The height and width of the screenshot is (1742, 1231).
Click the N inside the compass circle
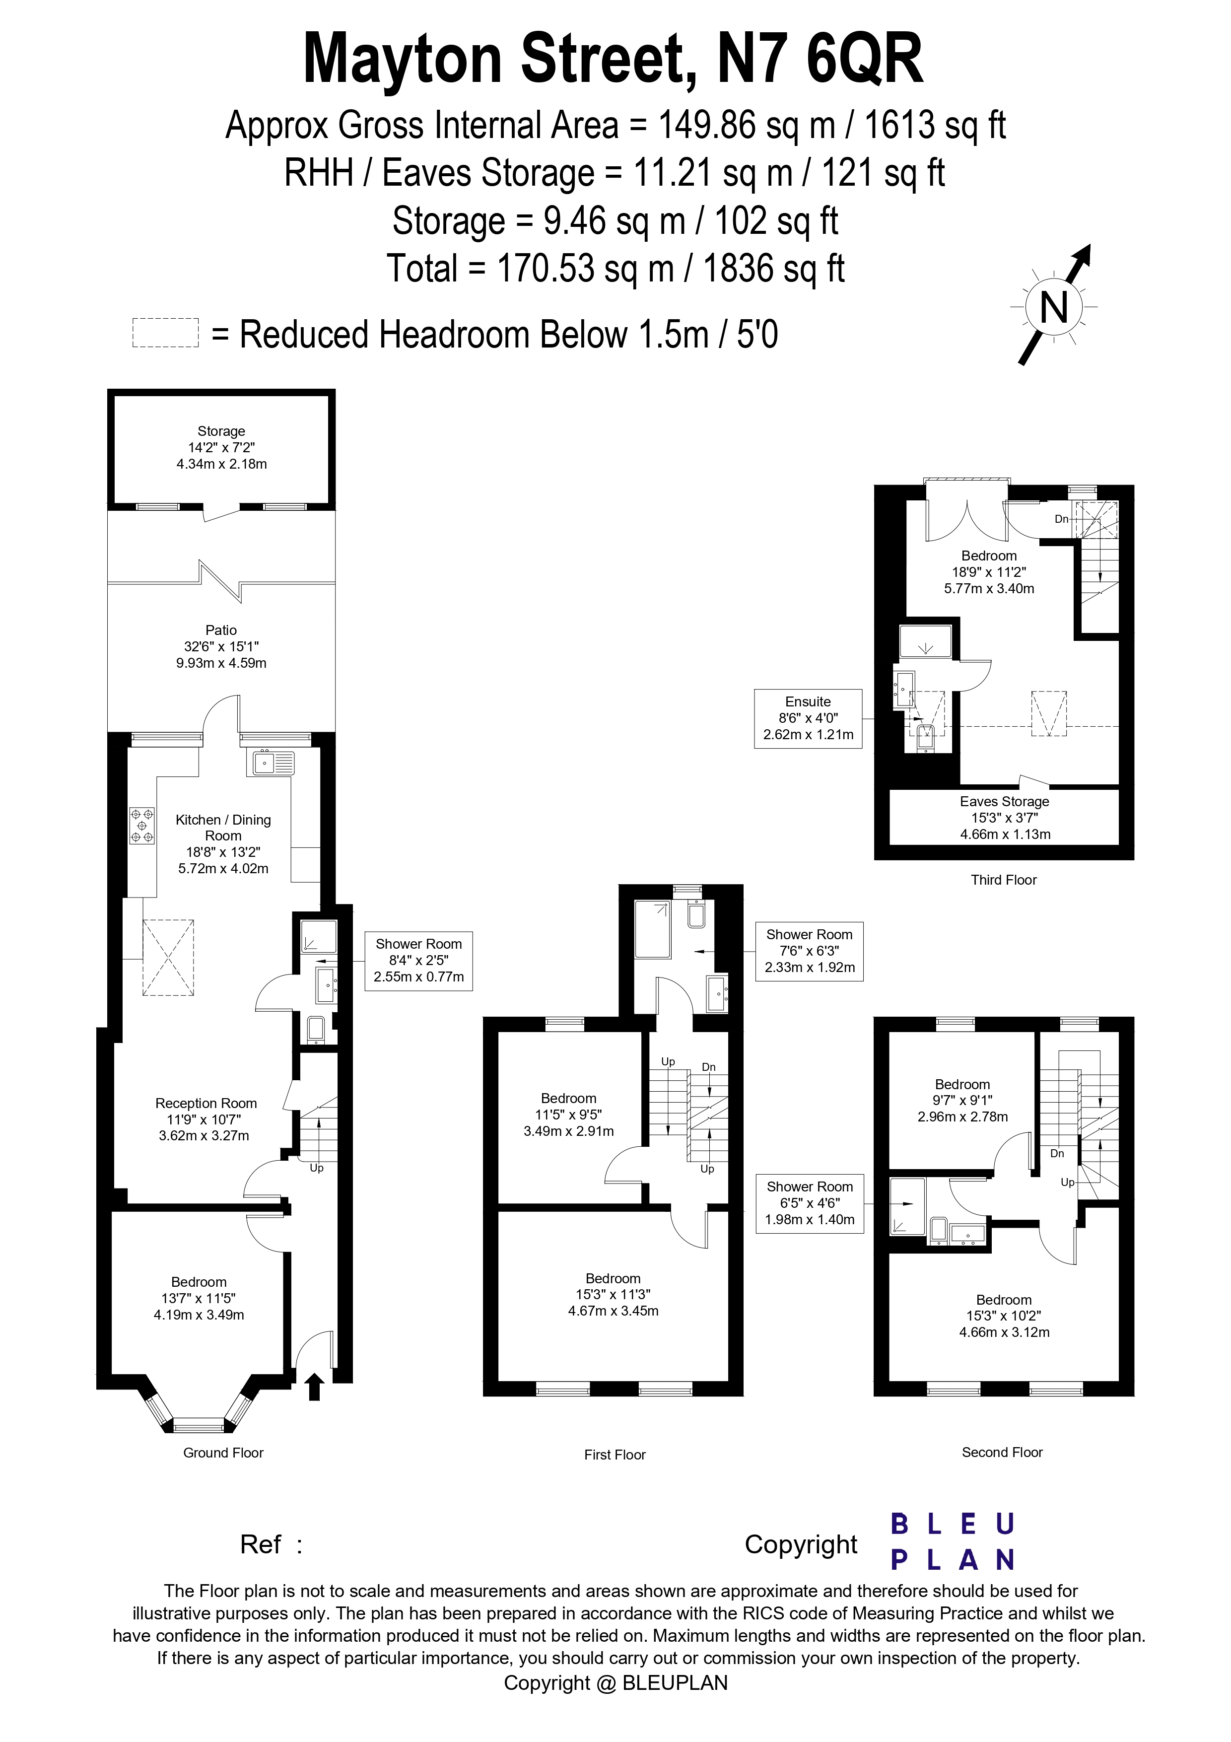[1053, 308]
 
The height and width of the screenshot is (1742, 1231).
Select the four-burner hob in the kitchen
[142, 826]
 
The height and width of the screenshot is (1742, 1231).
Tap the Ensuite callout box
[808, 718]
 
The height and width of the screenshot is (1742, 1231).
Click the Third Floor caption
[1004, 880]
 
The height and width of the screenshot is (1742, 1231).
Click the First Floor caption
[615, 1455]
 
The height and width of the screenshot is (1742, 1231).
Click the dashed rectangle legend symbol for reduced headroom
[165, 333]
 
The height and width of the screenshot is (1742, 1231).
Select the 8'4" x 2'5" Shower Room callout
[418, 961]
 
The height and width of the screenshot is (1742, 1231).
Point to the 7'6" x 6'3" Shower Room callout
[809, 952]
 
